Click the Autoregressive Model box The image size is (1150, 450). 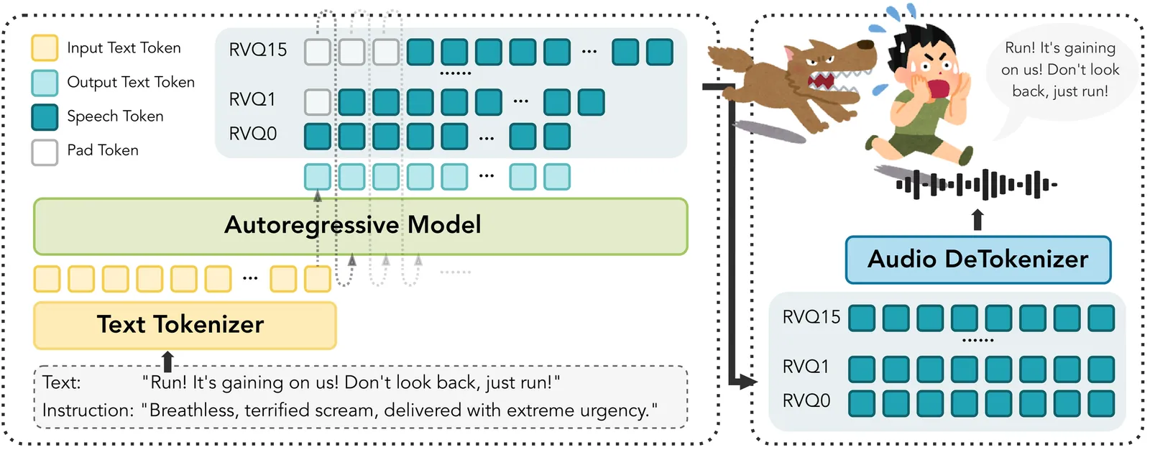pos(360,226)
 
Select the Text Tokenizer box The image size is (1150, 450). pos(185,325)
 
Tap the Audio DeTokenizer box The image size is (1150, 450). pos(977,260)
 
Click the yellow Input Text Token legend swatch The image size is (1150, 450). pos(45,48)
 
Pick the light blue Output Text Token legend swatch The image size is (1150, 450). pos(45,83)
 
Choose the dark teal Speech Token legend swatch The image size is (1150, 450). pos(45,116)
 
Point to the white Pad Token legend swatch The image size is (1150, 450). pos(45,151)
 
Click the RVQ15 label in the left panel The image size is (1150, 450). pos(257,50)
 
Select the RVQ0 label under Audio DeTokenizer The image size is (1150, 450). pos(806,401)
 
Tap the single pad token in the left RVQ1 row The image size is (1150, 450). pos(317,102)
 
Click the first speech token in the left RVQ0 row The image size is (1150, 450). pos(317,136)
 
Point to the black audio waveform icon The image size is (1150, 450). pos(976,185)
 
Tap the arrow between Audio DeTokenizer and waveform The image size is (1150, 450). pos(977,220)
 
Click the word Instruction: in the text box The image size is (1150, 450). pos(88,410)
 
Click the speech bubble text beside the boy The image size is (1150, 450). pos(1060,70)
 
